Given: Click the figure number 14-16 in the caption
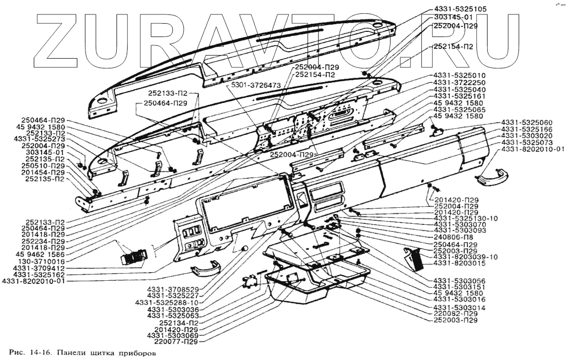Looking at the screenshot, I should [x=43, y=354].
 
